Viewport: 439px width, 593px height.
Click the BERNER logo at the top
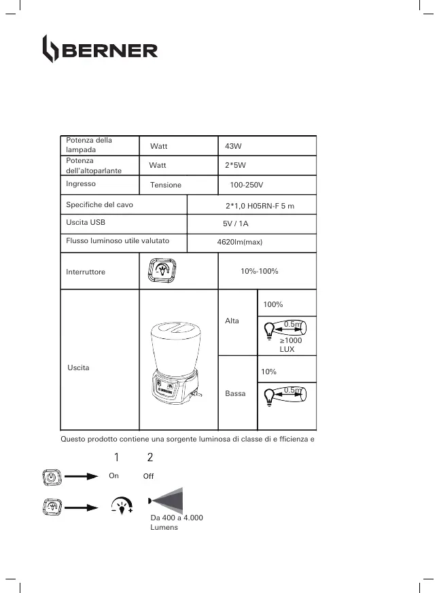click(100, 50)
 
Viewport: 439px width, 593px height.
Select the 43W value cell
click(233, 146)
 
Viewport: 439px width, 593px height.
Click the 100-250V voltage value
click(246, 185)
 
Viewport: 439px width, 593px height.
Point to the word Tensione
click(166, 185)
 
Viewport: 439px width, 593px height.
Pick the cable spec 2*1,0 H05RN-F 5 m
click(260, 205)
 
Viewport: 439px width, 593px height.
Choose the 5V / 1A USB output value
click(236, 223)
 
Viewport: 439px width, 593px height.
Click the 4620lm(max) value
click(235, 242)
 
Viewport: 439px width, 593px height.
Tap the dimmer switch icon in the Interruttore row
click(162, 270)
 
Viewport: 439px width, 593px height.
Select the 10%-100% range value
click(260, 271)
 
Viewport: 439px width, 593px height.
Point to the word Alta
click(232, 321)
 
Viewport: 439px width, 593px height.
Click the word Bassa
click(234, 393)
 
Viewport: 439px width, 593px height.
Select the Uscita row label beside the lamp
click(79, 367)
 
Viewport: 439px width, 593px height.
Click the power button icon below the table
click(52, 477)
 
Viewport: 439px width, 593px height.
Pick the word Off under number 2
click(149, 477)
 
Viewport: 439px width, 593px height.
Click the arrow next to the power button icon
click(82, 477)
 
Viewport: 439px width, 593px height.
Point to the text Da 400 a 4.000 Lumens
click(176, 522)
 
